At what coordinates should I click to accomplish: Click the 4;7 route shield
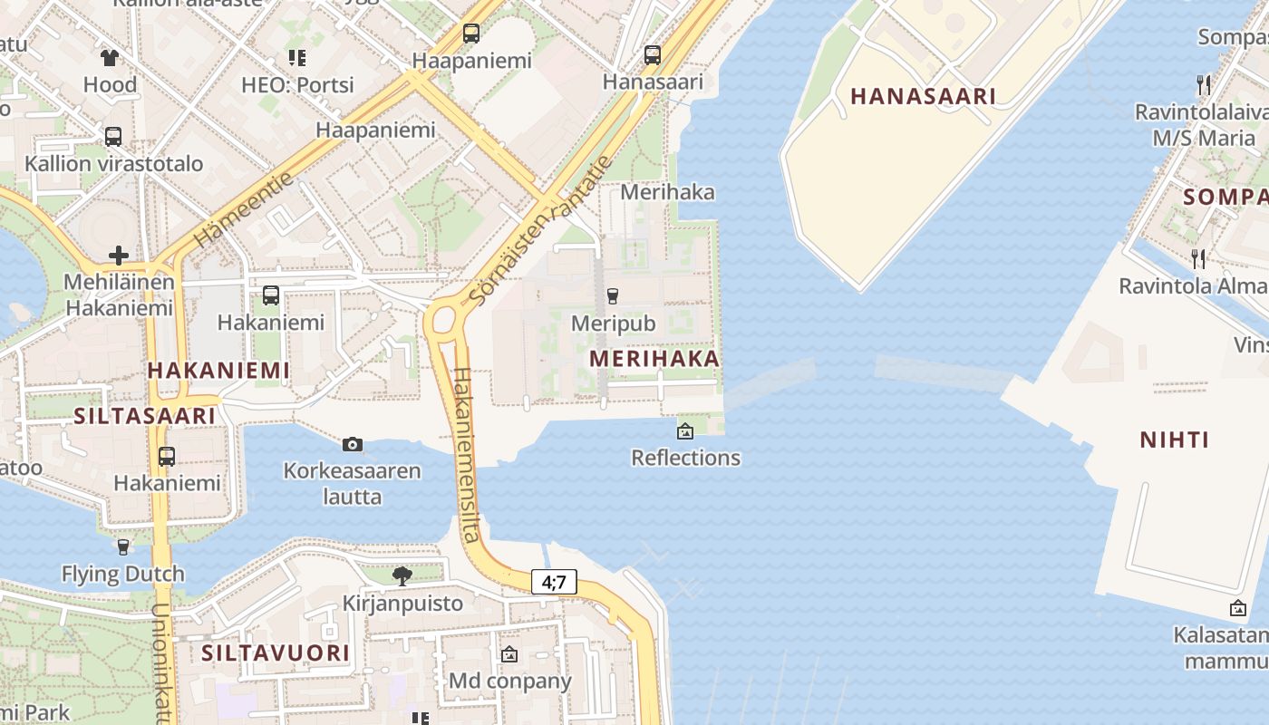point(554,582)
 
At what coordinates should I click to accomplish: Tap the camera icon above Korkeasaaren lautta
point(353,444)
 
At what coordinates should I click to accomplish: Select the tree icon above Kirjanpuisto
point(402,575)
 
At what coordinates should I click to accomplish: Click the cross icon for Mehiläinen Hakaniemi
point(118,256)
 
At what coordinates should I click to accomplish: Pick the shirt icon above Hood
point(110,59)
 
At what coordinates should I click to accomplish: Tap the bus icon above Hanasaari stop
point(653,54)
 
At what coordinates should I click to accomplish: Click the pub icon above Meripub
point(613,295)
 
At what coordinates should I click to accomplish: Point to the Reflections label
point(685,458)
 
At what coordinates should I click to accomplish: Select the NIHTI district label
point(1174,440)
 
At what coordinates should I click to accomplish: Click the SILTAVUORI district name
point(276,653)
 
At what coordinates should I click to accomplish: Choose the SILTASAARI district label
point(145,416)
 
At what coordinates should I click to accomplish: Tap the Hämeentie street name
point(245,209)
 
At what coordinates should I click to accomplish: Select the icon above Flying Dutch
point(123,547)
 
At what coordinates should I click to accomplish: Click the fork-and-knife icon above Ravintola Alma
point(1198,259)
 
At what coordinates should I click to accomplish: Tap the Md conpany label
point(510,681)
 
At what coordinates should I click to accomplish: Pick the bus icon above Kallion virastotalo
point(113,137)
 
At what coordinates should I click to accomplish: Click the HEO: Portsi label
point(297,85)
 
